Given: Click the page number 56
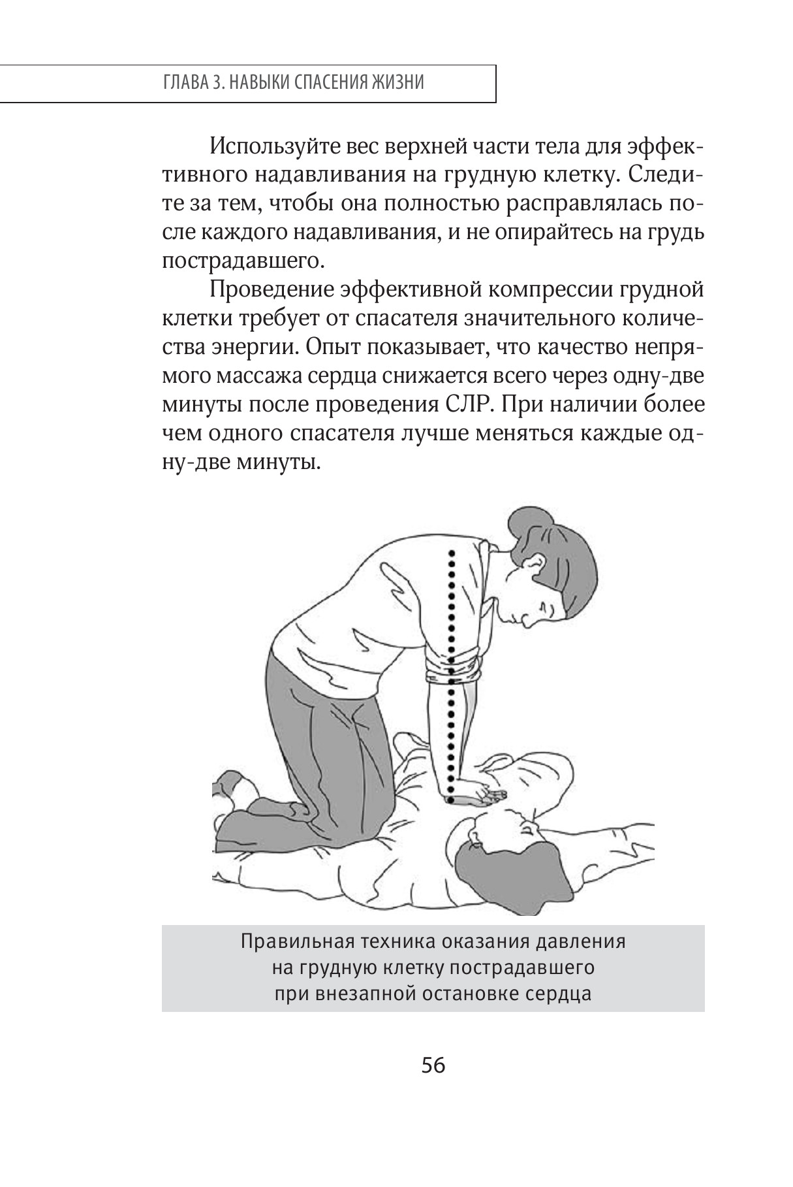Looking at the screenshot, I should [x=433, y=1065].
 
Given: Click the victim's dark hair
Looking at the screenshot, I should [x=496, y=869].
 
